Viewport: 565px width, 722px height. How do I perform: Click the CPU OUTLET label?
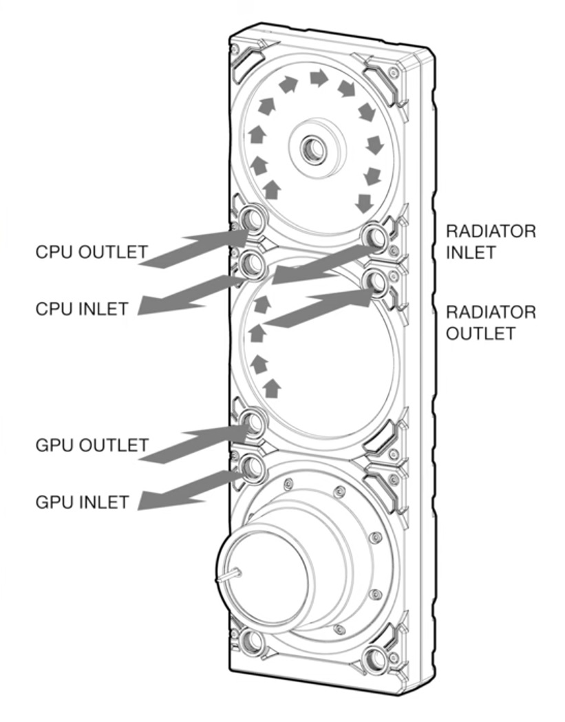91,253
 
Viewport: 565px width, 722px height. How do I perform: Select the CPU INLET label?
81,309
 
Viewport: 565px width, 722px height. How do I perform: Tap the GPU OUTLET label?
91,445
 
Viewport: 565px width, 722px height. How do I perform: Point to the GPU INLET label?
81,502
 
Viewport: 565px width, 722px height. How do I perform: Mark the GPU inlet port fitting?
250,468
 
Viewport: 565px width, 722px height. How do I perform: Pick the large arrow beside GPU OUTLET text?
196,444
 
